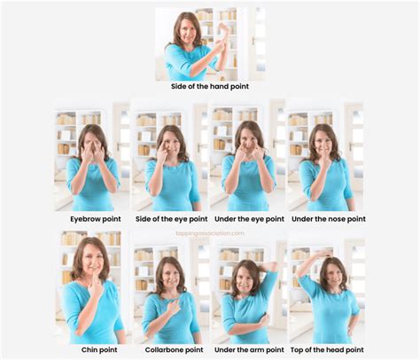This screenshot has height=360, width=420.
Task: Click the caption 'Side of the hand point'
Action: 209,88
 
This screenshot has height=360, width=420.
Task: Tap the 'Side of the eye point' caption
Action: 170,217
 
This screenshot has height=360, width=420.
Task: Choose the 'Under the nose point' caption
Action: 324,217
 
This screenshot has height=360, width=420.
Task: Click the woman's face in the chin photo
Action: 91,260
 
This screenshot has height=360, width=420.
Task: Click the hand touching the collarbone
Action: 175,306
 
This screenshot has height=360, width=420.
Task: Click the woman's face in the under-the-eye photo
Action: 249,144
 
